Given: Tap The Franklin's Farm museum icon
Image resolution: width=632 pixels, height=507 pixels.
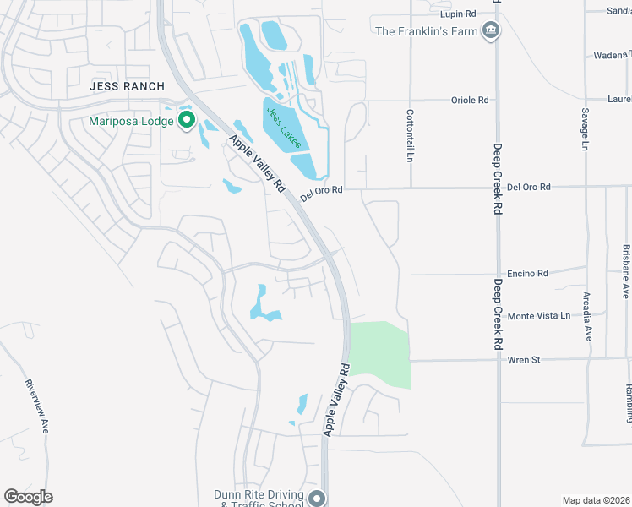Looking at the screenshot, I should tap(490, 32).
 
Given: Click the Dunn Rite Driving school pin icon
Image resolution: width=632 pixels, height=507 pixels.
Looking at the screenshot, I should tap(317, 499).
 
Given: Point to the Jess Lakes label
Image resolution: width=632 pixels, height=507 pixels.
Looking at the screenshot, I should tap(284, 127).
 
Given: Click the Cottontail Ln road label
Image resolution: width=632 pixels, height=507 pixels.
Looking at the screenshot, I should tap(410, 135).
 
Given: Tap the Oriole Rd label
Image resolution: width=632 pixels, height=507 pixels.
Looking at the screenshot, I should tap(471, 100).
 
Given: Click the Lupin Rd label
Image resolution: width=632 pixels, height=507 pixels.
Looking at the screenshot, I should tap(459, 14).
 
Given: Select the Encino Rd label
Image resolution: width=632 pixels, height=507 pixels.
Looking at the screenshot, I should tap(528, 273).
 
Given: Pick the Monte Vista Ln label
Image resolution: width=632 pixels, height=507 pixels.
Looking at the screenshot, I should tap(539, 315).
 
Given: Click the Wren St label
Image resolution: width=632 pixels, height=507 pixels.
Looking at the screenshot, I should tap(524, 359).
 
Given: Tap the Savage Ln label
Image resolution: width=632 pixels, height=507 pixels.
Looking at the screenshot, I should tap(584, 128).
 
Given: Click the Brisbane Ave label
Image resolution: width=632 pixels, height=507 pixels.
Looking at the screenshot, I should tap(626, 271).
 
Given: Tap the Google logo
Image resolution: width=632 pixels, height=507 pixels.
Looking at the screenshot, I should tap(29, 497).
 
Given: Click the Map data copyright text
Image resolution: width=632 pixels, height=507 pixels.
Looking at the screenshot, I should tap(597, 500).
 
